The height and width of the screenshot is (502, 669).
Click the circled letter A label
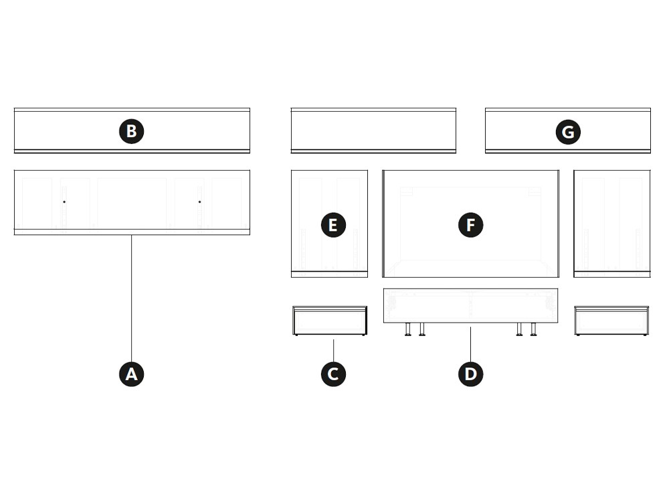click(x=131, y=374)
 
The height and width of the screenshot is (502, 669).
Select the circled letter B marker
click(x=131, y=131)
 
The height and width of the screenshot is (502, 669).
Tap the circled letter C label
click(x=333, y=374)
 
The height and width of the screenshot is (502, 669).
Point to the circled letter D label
click(x=470, y=374)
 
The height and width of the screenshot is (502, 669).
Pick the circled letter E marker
click(x=333, y=225)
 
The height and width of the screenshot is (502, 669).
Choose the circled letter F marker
click(x=470, y=225)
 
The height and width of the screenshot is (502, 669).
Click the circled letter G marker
click(x=568, y=132)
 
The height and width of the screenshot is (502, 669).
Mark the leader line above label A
click(x=131, y=298)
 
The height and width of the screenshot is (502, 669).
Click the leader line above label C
click(x=334, y=351)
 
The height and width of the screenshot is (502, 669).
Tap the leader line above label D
click(x=470, y=344)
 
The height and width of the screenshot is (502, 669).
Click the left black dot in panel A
click(x=64, y=201)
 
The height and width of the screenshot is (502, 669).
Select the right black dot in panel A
click(x=199, y=201)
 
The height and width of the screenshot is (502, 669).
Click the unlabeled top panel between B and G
click(x=373, y=131)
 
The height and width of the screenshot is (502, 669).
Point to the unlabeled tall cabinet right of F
click(x=612, y=224)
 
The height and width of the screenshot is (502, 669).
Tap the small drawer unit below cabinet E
click(x=330, y=321)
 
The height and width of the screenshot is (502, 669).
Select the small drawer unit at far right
click(x=611, y=321)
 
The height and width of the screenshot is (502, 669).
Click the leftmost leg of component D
click(x=408, y=329)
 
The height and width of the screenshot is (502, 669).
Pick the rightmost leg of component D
click(x=533, y=329)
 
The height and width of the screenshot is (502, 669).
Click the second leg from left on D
click(x=422, y=329)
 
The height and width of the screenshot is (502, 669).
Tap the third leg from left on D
click(x=519, y=329)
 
